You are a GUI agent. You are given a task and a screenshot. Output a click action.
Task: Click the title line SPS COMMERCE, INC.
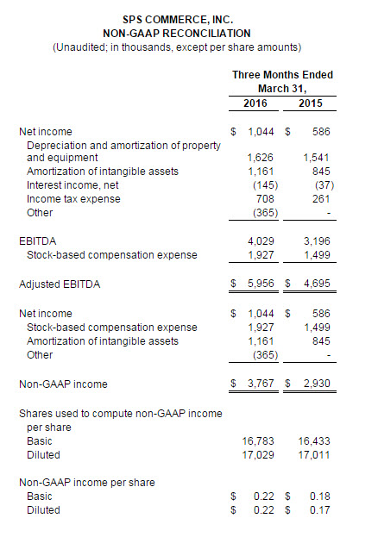178,20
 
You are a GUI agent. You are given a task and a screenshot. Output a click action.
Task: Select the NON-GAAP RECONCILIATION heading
177,34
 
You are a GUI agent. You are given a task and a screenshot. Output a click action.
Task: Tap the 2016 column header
255,103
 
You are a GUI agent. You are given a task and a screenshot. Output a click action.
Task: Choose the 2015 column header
311,103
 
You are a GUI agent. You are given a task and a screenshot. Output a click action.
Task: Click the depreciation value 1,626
261,158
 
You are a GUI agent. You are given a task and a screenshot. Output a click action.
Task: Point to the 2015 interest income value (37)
324,185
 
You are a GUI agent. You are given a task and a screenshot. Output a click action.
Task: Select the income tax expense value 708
265,199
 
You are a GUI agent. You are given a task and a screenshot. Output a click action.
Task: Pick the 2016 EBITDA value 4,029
261,241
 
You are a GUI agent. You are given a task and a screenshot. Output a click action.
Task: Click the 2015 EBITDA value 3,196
317,241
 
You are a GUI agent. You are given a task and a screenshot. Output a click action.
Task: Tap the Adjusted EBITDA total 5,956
261,284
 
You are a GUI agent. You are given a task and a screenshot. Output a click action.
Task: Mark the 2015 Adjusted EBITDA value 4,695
317,284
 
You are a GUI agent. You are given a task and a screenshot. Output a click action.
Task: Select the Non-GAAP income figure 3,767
261,384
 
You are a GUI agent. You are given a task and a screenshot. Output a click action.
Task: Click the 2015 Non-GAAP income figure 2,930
317,384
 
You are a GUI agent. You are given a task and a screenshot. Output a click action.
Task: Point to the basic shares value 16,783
258,441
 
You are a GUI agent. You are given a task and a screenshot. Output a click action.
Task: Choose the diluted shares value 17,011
314,455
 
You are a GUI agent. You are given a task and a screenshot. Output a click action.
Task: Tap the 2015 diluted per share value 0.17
319,510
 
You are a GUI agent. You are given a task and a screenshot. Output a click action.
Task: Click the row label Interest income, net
72,185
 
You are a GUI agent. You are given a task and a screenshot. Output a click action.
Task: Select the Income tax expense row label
73,199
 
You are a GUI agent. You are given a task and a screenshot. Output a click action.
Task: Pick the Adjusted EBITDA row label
60,284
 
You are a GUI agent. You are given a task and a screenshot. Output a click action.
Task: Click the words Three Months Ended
283,75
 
